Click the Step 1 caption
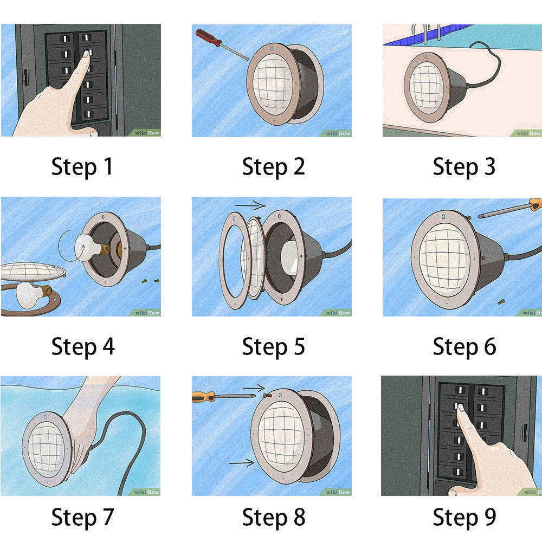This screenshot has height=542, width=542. [82, 167]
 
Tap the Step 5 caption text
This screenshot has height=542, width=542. [273, 346]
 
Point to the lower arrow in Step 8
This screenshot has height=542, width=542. [241, 462]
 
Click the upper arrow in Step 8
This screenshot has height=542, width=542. [253, 388]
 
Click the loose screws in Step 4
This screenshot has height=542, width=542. [150, 280]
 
